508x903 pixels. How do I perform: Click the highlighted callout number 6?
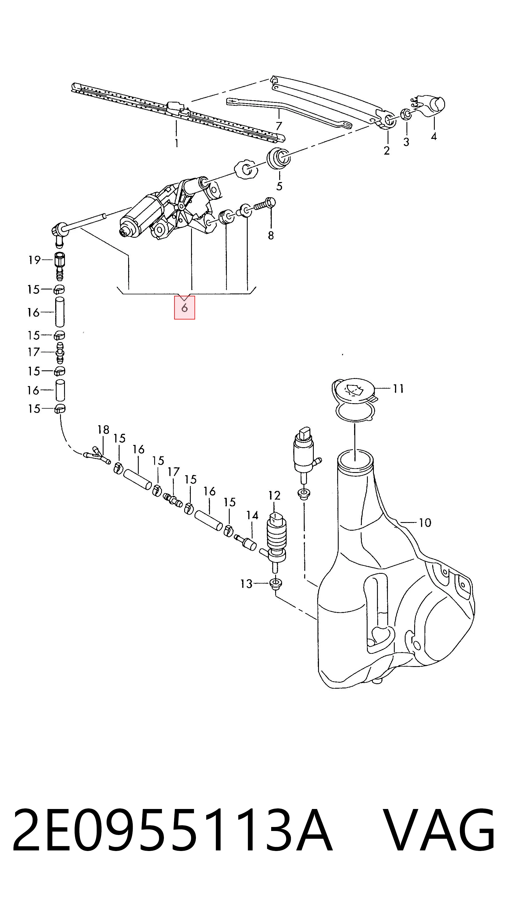pyautogui.click(x=184, y=308)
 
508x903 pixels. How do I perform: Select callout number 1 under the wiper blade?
pyautogui.click(x=176, y=143)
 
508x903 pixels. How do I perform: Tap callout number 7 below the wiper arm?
pyautogui.click(x=279, y=126)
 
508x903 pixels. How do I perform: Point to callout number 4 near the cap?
pyautogui.click(x=434, y=136)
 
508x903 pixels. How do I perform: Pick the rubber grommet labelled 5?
pyautogui.click(x=279, y=158)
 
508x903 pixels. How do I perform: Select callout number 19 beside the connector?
pyautogui.click(x=34, y=260)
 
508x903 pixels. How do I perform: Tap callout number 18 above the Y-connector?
pyautogui.click(x=104, y=430)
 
